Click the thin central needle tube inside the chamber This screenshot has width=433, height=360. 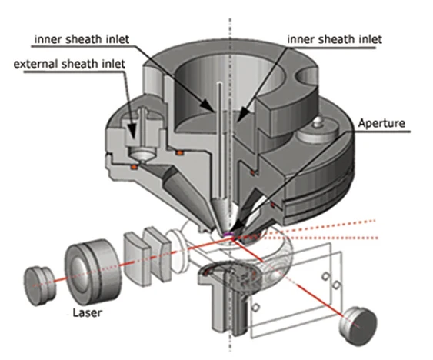[220, 138]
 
